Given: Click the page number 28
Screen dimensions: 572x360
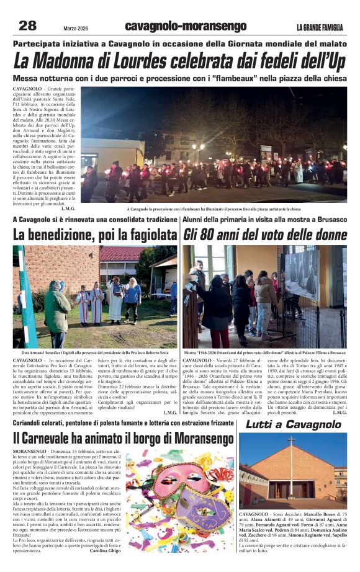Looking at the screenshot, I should pyautogui.click(x=28, y=25).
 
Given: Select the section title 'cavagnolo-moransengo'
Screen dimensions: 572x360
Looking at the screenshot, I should pyautogui.click(x=186, y=26).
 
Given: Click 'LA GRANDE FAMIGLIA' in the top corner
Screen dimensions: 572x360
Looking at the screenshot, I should pyautogui.click(x=322, y=27).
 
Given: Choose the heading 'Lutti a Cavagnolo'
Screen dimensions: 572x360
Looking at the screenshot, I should pyautogui.click(x=293, y=425).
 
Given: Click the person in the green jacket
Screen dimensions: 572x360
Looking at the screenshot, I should pyautogui.click(x=58, y=310).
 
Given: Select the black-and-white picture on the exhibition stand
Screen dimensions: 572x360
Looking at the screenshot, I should pyautogui.click(x=302, y=273).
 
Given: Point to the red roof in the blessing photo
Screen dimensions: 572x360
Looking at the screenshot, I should pyautogui.click(x=121, y=254).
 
